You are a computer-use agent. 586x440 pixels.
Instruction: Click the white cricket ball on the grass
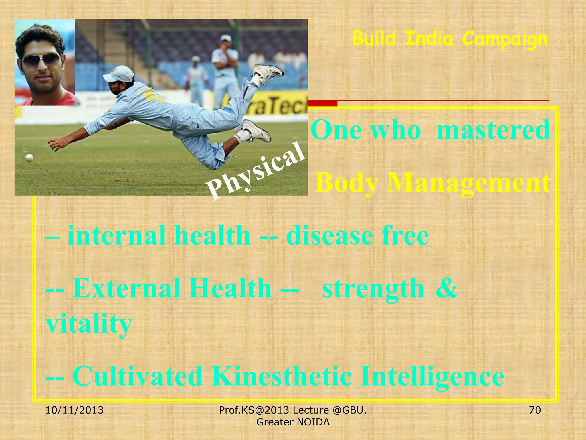point(29,157)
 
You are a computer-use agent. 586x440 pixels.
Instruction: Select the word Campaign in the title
point(504,39)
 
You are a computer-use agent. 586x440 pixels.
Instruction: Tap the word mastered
point(493,130)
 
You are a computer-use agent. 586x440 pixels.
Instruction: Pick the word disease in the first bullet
point(329,236)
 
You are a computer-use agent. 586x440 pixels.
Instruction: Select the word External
point(126,288)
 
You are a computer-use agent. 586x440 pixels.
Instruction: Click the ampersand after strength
point(447,288)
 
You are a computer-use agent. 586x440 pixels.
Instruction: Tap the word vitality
point(89,324)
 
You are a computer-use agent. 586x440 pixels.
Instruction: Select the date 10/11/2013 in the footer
point(74,410)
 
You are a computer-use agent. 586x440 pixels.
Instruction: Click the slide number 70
point(535,410)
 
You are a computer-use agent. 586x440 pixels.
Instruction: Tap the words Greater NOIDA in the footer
point(293,422)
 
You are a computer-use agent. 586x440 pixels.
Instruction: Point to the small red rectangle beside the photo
point(322,103)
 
